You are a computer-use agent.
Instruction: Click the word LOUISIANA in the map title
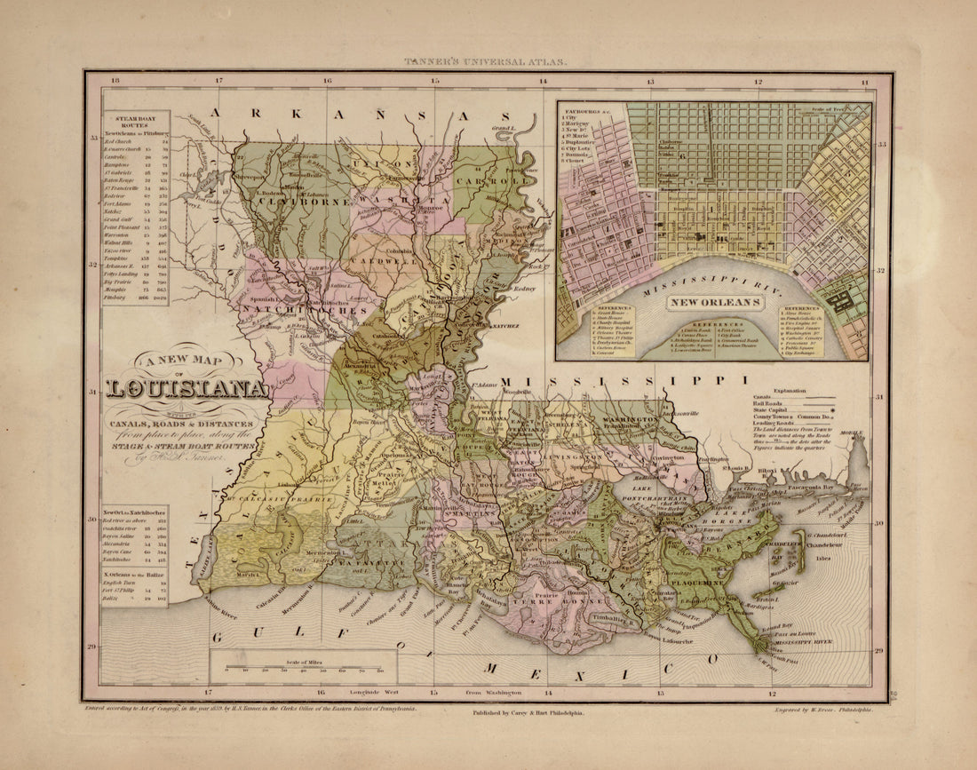coord(187,388)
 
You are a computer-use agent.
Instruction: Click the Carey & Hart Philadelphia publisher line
coord(523,711)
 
